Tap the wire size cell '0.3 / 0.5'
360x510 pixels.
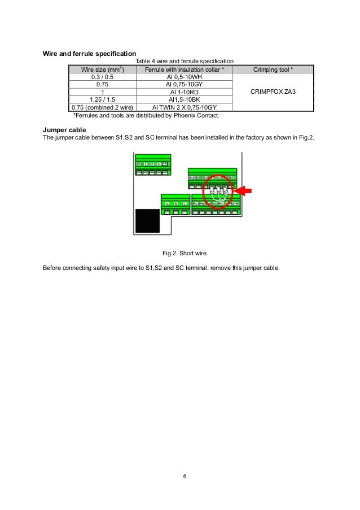(x=102, y=77)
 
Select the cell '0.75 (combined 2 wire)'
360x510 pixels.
(x=102, y=107)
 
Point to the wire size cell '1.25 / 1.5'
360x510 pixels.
(x=102, y=99)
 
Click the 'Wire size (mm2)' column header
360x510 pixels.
(x=102, y=69)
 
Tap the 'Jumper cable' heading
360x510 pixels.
(x=64, y=130)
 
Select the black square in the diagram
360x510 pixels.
(x=147, y=219)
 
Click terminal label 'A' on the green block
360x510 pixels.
(x=167, y=203)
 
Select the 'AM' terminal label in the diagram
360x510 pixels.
(x=165, y=164)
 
